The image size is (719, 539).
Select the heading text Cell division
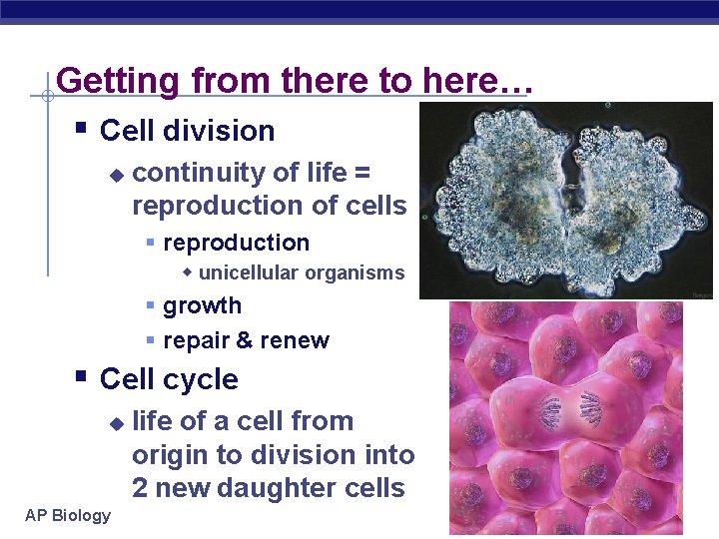click(x=187, y=131)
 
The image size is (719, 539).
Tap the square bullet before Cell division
click(x=82, y=129)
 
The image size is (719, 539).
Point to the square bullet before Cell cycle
click(x=82, y=377)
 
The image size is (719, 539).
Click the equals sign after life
click(x=362, y=174)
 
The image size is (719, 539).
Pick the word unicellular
click(x=249, y=272)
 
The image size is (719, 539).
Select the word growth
click(x=202, y=305)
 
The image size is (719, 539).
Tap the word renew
click(x=295, y=340)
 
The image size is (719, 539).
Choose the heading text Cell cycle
click(x=169, y=379)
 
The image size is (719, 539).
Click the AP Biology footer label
click(x=68, y=515)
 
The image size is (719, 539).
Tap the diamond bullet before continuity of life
click(x=116, y=175)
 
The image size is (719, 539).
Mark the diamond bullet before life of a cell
click(x=116, y=423)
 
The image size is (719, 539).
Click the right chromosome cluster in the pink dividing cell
click(x=590, y=408)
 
